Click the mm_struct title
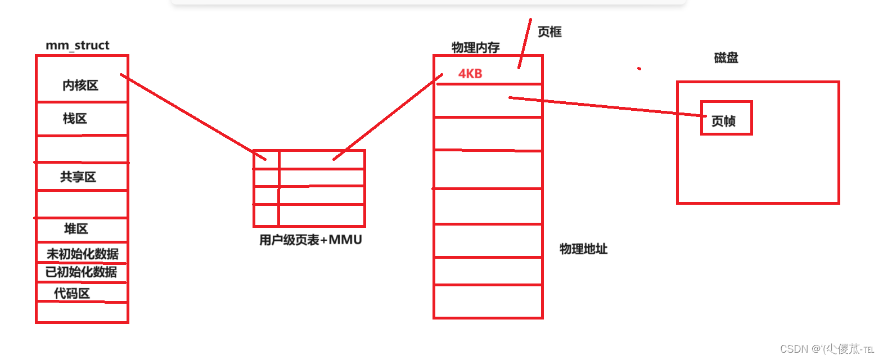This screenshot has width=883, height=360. pyautogui.click(x=78, y=46)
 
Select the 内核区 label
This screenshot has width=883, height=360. pyautogui.click(x=80, y=85)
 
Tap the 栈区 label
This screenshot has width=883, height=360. pyautogui.click(x=75, y=119)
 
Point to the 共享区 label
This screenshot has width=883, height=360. pyautogui.click(x=78, y=177)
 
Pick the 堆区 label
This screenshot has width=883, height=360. pyautogui.click(x=76, y=229)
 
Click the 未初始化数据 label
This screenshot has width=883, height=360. pyautogui.click(x=83, y=254)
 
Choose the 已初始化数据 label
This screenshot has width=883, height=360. pyautogui.click(x=82, y=272)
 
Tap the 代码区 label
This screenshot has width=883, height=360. pyautogui.click(x=72, y=294)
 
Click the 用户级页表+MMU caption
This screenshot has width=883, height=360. pyautogui.click(x=310, y=240)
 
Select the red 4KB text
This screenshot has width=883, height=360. pyautogui.click(x=470, y=74)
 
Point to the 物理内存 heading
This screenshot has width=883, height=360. pyautogui.click(x=476, y=48)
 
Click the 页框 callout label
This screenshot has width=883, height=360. pyautogui.click(x=549, y=32)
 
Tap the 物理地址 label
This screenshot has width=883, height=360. pyautogui.click(x=583, y=249)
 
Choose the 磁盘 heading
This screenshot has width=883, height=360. pyautogui.click(x=726, y=57)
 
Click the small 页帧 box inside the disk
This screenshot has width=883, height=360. pyautogui.click(x=726, y=118)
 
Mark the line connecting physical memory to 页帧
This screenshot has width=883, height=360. pyautogui.click(x=607, y=106)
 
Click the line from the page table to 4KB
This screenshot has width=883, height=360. pyautogui.click(x=388, y=116)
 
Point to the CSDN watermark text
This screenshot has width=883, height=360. pyautogui.click(x=827, y=349)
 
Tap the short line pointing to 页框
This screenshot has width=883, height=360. pyautogui.click(x=525, y=43)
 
